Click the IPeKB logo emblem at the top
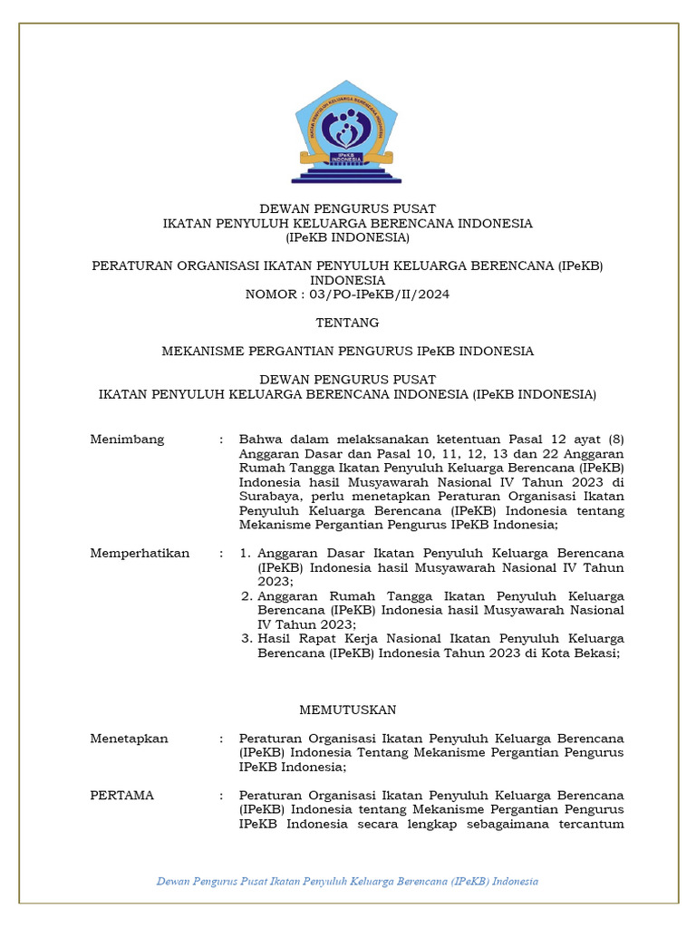(347, 132)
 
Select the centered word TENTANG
(347, 323)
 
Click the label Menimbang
(127, 440)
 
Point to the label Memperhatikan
(140, 554)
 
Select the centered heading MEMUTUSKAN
(347, 710)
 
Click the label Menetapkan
(129, 739)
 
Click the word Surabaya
(269, 497)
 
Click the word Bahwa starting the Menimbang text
(259, 440)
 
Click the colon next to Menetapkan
(221, 739)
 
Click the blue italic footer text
(347, 881)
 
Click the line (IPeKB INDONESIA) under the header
(347, 237)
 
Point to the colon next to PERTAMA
(221, 796)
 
